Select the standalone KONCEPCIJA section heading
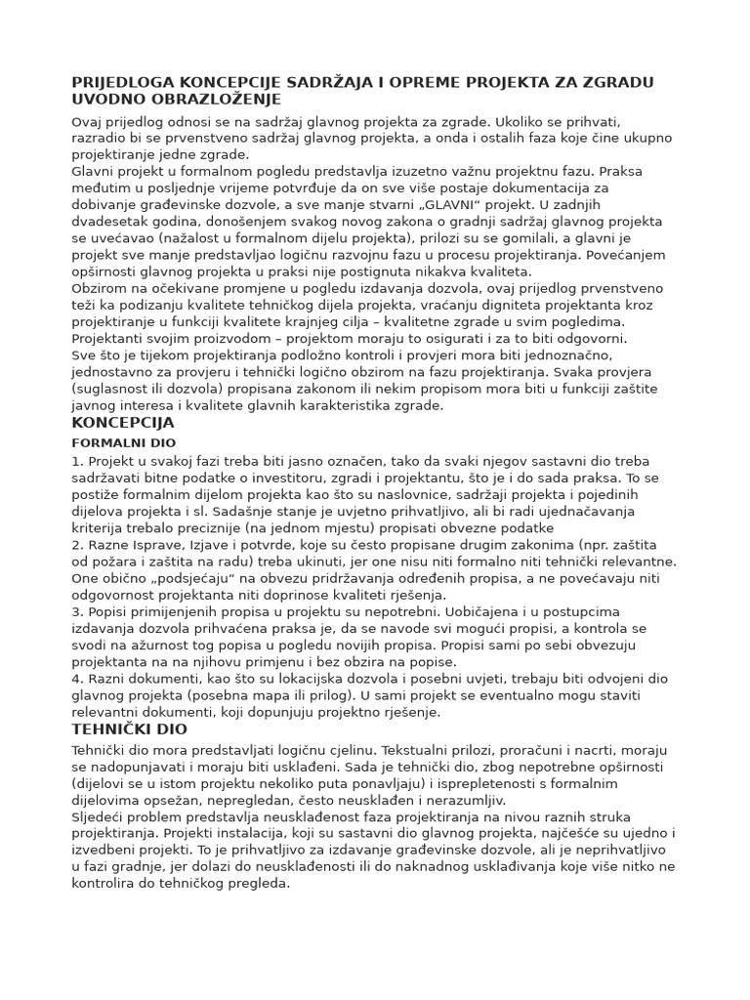[123, 423]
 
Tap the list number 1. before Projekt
[78, 460]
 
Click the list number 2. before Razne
[78, 544]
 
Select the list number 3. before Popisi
[78, 611]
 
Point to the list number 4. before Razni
[78, 679]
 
